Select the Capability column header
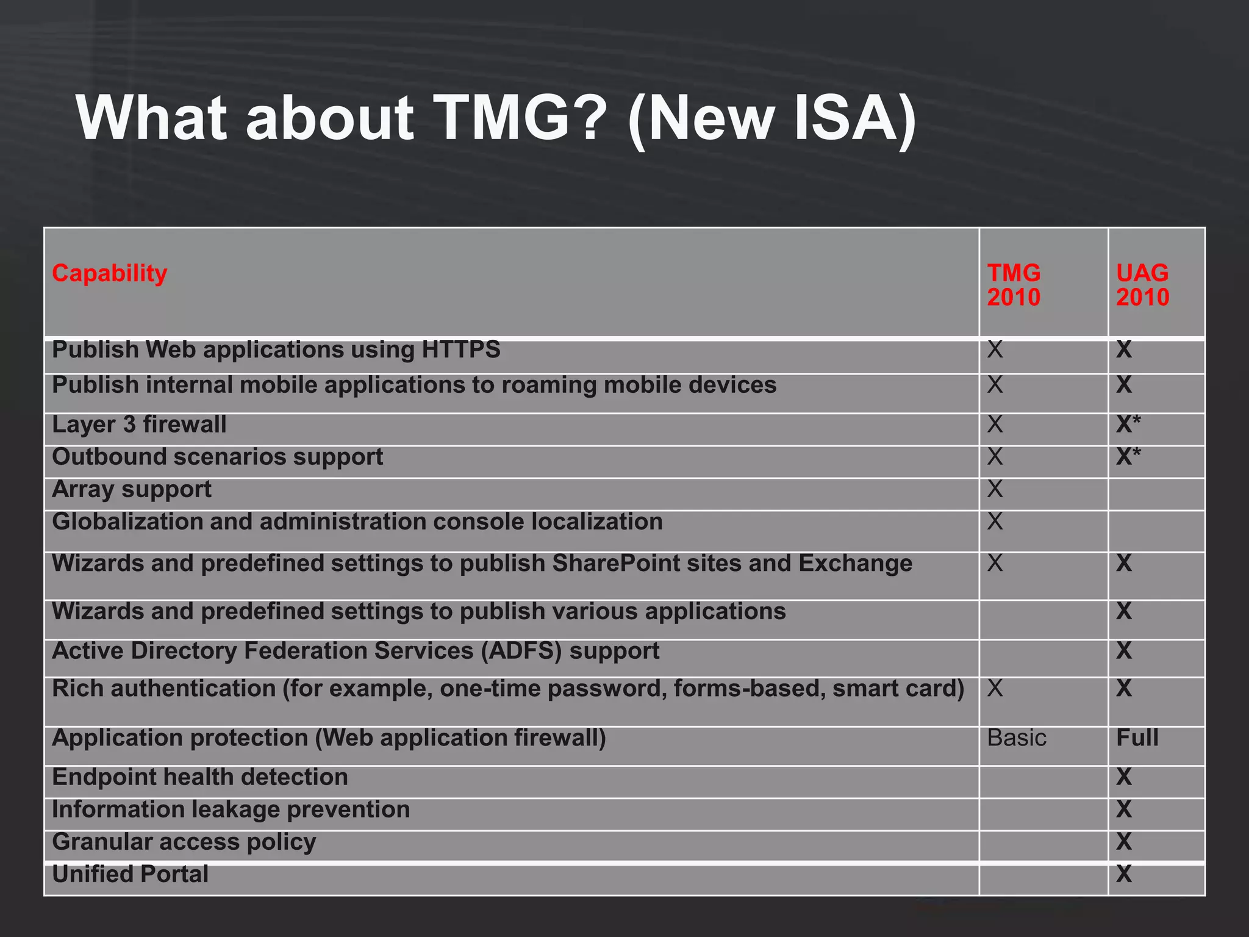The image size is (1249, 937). click(109, 273)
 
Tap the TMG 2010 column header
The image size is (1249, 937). click(1014, 285)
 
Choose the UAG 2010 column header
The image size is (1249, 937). click(1142, 285)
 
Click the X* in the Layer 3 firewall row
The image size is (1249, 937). click(1128, 424)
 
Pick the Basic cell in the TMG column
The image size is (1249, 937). click(1017, 738)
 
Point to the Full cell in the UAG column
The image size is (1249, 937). click(1137, 738)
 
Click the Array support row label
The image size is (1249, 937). click(132, 489)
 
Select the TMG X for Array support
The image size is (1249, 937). click(995, 489)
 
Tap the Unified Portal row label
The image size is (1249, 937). click(130, 874)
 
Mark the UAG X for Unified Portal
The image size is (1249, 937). click(1123, 874)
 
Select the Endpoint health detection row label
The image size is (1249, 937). click(200, 777)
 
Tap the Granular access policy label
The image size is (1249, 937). click(184, 842)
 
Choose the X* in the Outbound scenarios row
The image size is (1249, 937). click(1128, 457)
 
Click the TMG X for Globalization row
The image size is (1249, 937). click(995, 522)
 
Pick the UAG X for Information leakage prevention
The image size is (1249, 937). click(1123, 810)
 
